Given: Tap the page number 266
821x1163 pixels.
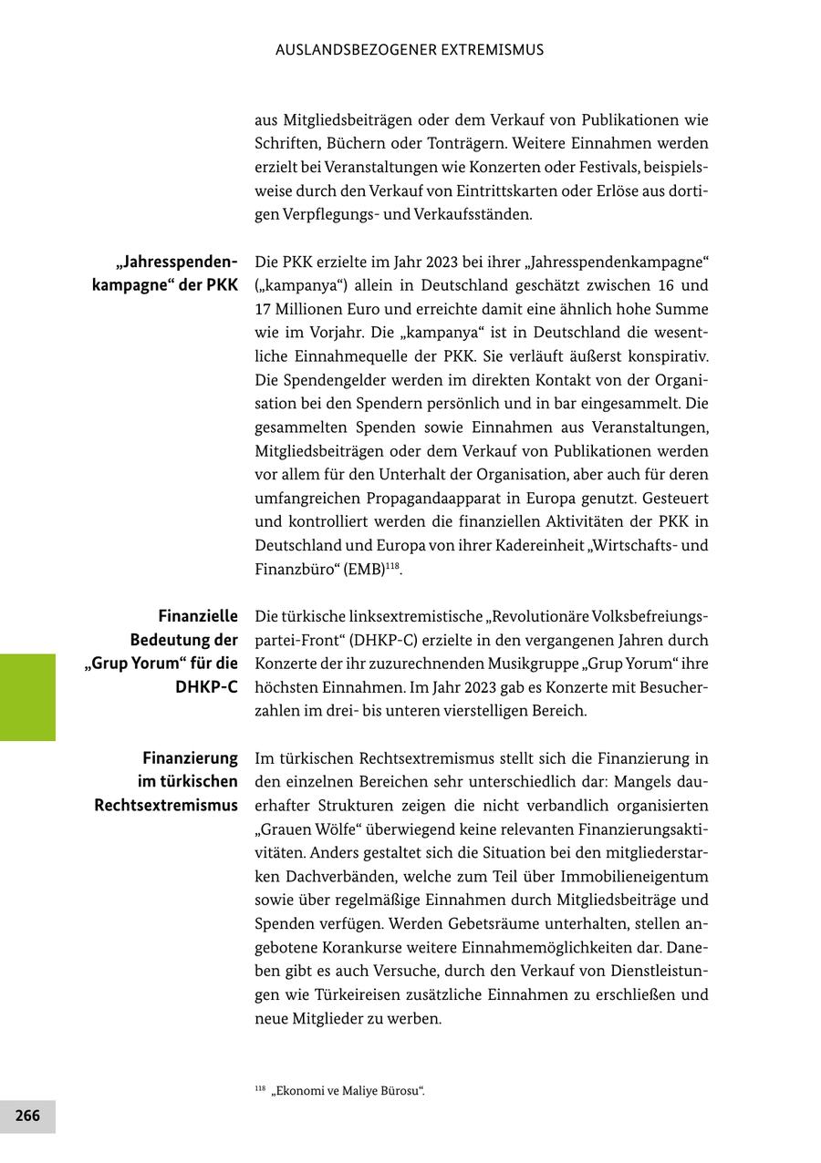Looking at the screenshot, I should (x=27, y=1116).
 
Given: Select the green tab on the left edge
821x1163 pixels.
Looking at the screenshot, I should (x=27, y=697).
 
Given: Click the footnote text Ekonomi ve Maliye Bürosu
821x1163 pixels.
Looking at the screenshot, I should (x=348, y=1091).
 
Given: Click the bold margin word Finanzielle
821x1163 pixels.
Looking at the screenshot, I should (x=198, y=617).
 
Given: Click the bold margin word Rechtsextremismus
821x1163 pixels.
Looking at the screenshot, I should (x=166, y=806).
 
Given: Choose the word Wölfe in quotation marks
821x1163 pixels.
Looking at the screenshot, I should (x=343, y=829).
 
